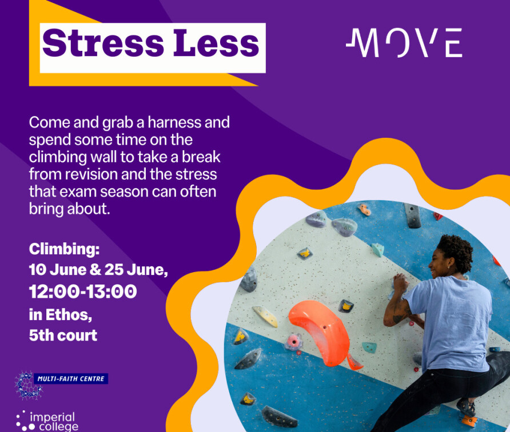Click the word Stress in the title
pyautogui.click(x=103, y=43)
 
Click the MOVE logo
pyautogui.click(x=404, y=43)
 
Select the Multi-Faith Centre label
pyautogui.click(x=71, y=379)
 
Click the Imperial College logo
pyautogui.click(x=47, y=421)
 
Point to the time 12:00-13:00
pyautogui.click(x=83, y=291)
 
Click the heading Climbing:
pyautogui.click(x=65, y=249)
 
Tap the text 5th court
pyautogui.click(x=63, y=335)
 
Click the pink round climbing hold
pyautogui.click(x=294, y=342)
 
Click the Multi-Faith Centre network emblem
pyautogui.click(x=29, y=386)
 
